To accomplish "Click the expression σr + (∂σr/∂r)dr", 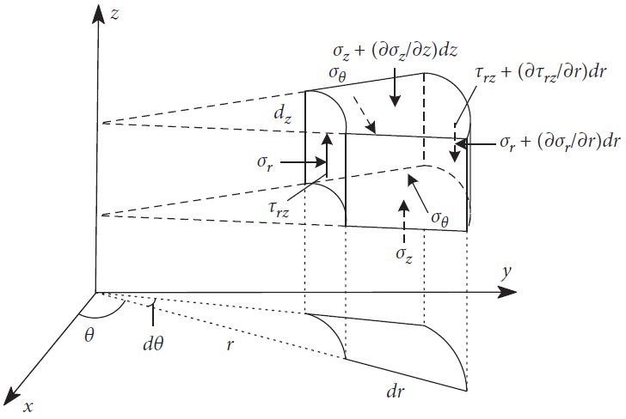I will click(557, 143).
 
